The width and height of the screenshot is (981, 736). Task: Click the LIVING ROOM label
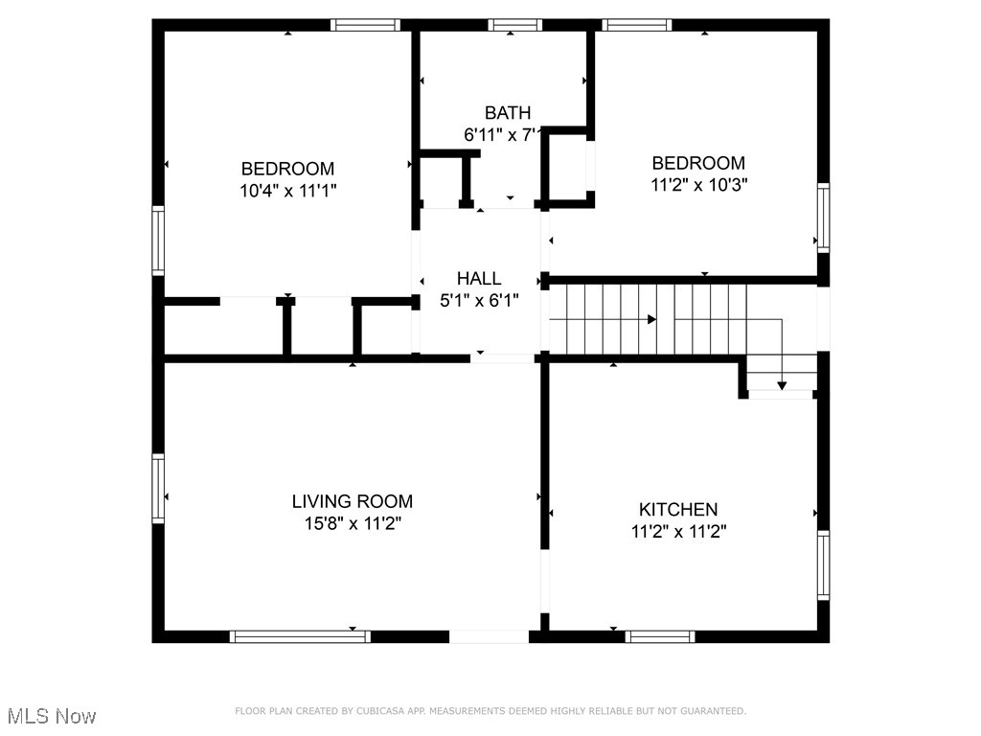point(352,501)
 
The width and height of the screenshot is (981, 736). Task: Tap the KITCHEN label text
point(678,510)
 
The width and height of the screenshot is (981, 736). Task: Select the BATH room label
point(507,113)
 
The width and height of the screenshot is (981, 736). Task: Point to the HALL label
point(478,279)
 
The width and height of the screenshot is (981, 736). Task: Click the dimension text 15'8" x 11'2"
point(352,524)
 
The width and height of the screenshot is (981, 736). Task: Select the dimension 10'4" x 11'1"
point(287,191)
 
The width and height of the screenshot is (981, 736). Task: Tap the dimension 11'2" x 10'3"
point(698,185)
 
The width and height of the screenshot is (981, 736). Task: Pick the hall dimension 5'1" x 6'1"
point(478,301)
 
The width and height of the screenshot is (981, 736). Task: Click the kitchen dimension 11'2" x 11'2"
point(678,532)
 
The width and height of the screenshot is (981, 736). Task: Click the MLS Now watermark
point(52,716)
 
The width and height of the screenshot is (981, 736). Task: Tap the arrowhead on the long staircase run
point(651,319)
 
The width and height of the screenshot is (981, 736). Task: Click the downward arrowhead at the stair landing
point(782,385)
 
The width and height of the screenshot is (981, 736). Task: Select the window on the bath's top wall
point(514,25)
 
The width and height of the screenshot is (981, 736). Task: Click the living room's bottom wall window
point(300,636)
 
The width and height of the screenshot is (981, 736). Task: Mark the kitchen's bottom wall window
point(660,636)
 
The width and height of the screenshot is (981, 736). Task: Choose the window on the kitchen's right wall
point(823,564)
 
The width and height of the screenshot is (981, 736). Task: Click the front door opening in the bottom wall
point(488,636)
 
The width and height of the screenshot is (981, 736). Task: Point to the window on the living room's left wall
point(158,489)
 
